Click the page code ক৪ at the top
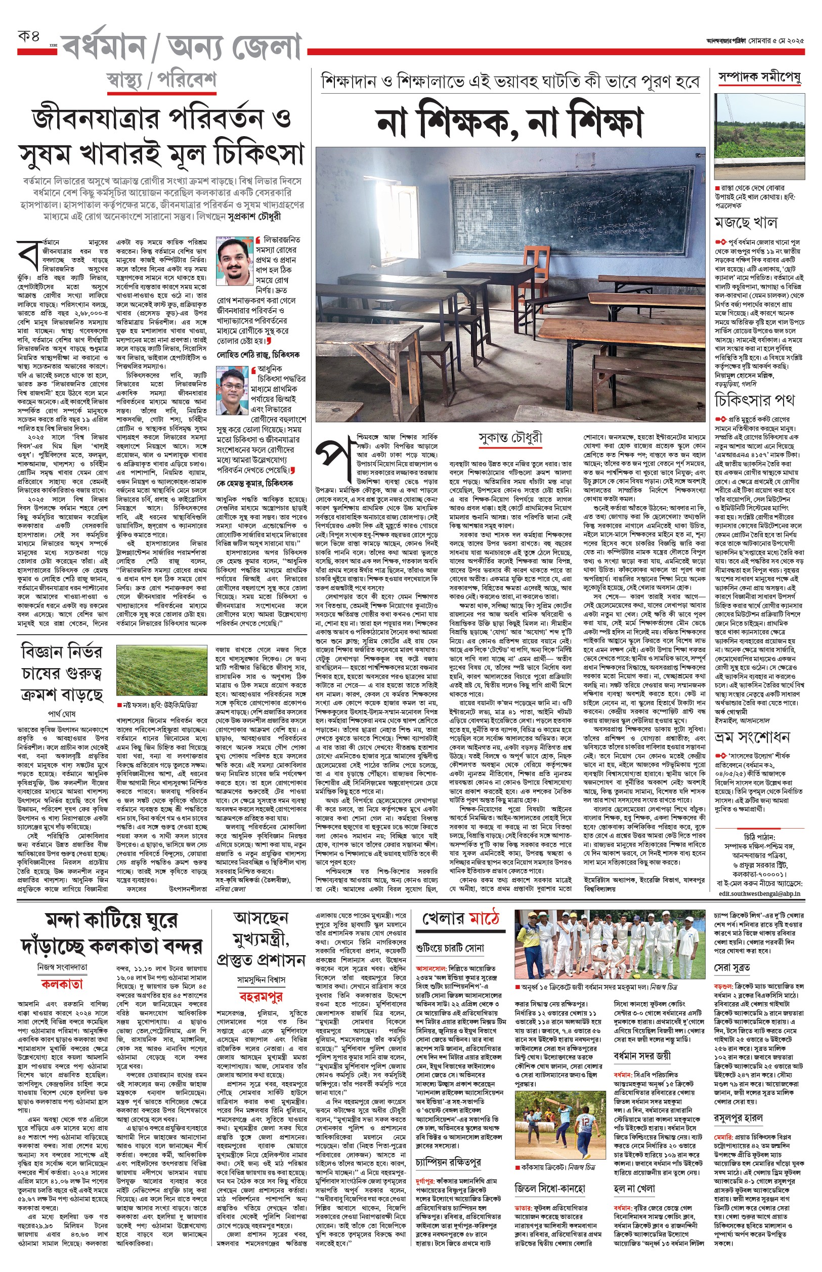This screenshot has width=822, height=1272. click(29, 38)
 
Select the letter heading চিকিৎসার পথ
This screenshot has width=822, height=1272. click(755, 399)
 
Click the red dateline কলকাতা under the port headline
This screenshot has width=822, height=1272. click(62, 984)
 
